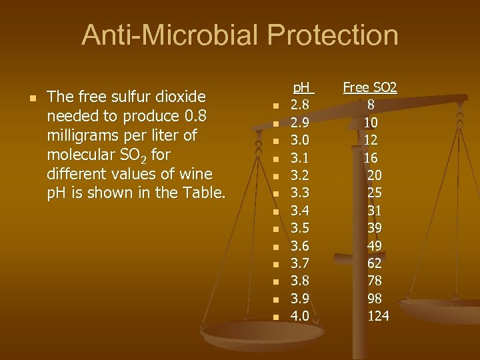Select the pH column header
304,87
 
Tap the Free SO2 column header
370,87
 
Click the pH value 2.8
299,105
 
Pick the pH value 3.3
299,193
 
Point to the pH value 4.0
299,316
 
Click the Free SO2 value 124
378,316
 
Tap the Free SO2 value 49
374,245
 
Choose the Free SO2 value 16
371,157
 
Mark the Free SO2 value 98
374,298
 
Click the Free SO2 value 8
371,105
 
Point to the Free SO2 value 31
374,211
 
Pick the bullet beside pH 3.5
274,229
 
